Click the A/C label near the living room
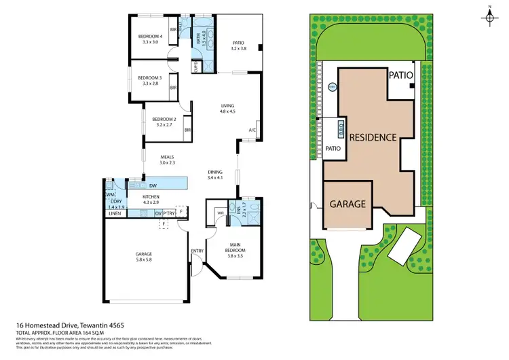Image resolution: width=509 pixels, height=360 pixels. (252, 130)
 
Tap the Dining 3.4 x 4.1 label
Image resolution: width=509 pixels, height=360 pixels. (215, 175)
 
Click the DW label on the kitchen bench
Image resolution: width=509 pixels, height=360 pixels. (153, 185)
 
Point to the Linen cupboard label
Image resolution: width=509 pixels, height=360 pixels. (114, 214)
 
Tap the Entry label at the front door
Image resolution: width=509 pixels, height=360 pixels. (197, 251)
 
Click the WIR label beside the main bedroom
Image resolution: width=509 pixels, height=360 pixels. (221, 212)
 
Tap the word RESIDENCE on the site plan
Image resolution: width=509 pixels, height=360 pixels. (373, 137)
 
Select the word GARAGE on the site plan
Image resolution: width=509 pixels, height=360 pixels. (348, 203)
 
